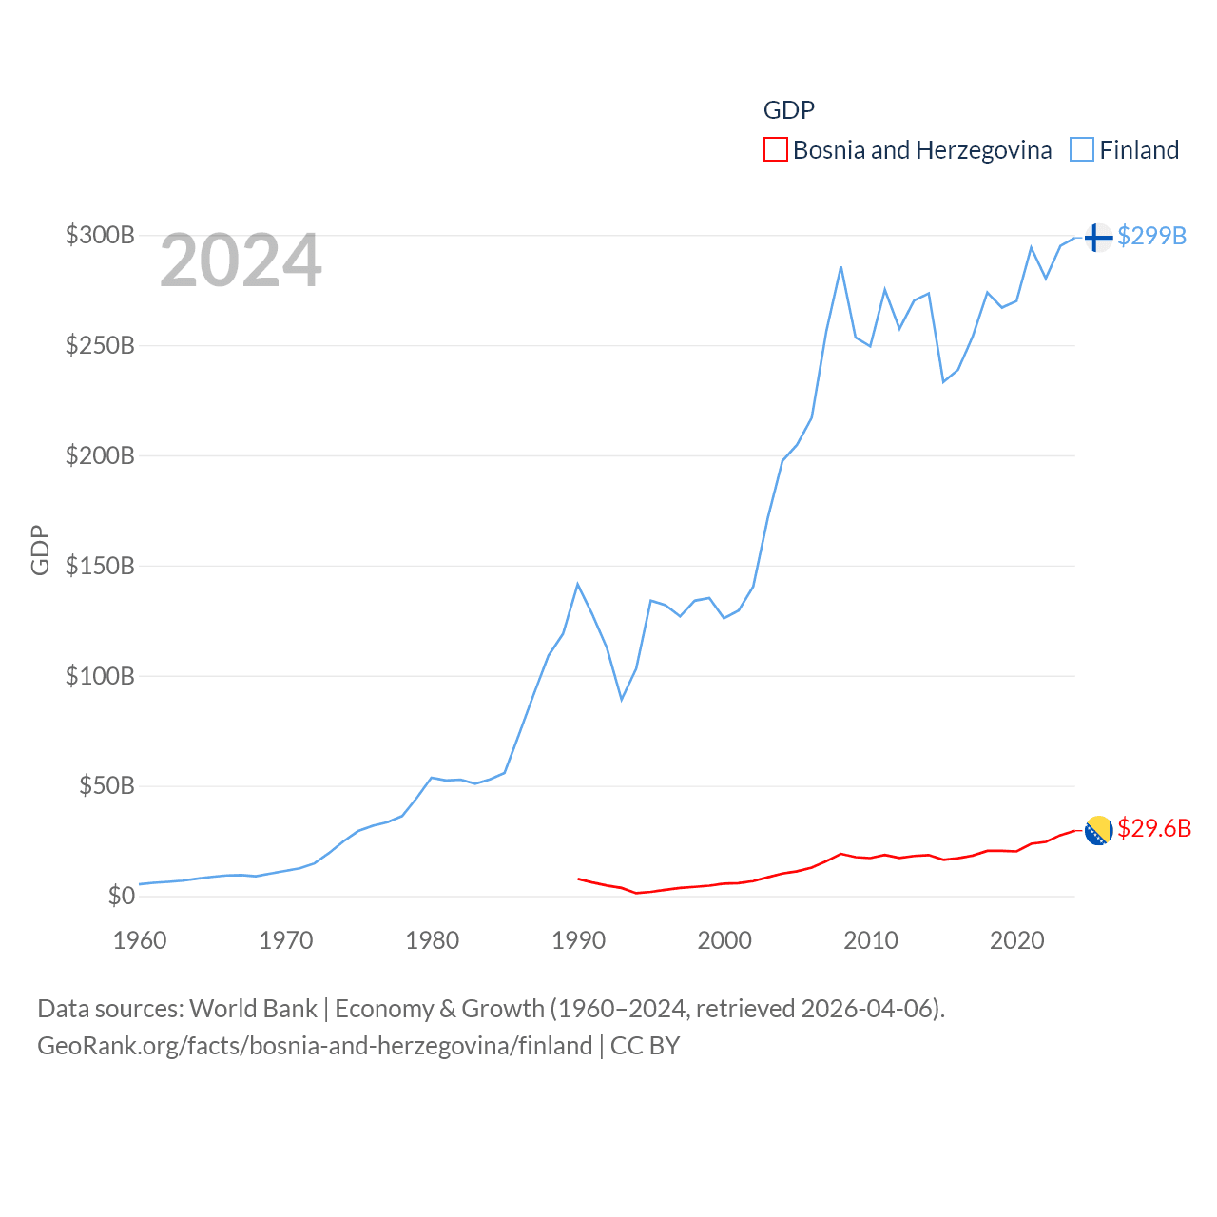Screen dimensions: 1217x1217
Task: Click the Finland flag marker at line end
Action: click(1098, 237)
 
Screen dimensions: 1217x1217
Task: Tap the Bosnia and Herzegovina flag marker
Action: click(1098, 830)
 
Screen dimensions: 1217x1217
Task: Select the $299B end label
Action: click(1151, 236)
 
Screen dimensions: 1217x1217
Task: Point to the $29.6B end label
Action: click(1154, 828)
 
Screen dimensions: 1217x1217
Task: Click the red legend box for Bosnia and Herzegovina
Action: click(776, 150)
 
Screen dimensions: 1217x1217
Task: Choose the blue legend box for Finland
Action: click(1082, 150)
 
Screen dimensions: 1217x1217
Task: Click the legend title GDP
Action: click(789, 110)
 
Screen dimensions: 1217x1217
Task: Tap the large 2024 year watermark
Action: click(241, 261)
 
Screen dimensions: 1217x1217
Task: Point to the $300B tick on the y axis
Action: click(100, 235)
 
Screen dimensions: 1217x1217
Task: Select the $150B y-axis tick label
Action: click(100, 566)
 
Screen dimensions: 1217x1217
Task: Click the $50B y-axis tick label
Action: click(106, 785)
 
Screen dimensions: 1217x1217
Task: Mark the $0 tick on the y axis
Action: click(121, 896)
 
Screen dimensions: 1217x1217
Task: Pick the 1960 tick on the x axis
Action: click(140, 940)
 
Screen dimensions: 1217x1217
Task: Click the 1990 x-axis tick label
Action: click(578, 940)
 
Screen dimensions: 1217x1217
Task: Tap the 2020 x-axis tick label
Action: click(1017, 940)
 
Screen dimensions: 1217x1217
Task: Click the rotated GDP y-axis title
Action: click(40, 550)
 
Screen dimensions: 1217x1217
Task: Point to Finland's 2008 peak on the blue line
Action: click(841, 267)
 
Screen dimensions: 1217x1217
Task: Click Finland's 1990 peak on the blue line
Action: click(577, 584)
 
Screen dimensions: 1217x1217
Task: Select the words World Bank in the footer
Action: click(254, 1008)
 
